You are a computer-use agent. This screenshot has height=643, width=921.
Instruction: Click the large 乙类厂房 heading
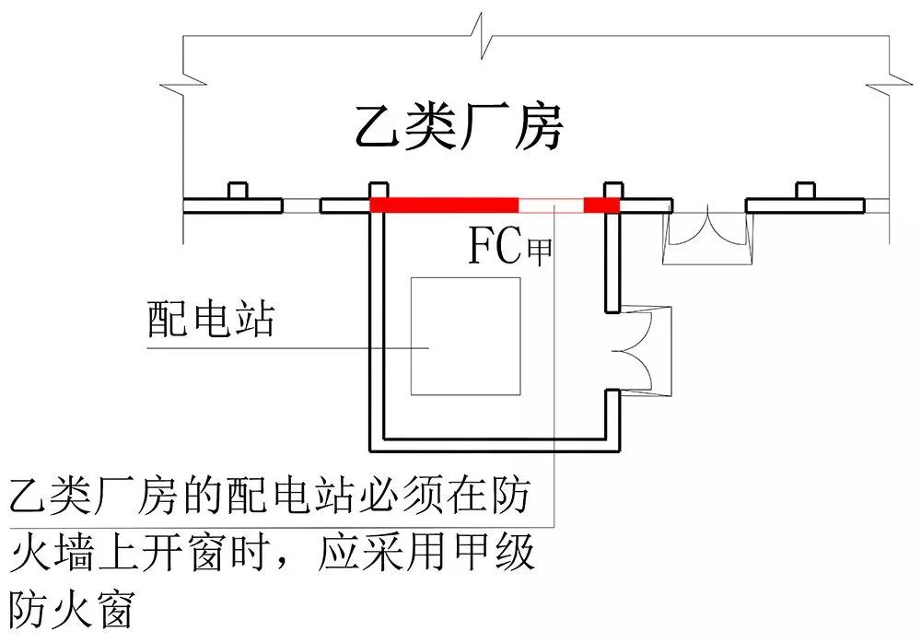[x=458, y=128]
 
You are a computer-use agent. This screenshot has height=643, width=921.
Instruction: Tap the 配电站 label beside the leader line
[x=211, y=321]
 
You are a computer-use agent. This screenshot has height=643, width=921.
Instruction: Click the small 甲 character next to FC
[x=539, y=251]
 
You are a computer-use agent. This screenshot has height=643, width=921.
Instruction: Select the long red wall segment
[x=445, y=205]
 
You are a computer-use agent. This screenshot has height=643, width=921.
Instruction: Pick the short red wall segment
[x=602, y=205]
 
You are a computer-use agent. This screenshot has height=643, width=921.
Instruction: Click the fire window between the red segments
[x=552, y=205]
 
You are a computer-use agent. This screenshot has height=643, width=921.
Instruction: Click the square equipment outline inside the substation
[x=465, y=336]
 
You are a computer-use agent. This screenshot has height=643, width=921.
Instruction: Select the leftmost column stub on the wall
[x=238, y=190]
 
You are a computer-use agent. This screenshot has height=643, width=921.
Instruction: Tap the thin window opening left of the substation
[x=301, y=205]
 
